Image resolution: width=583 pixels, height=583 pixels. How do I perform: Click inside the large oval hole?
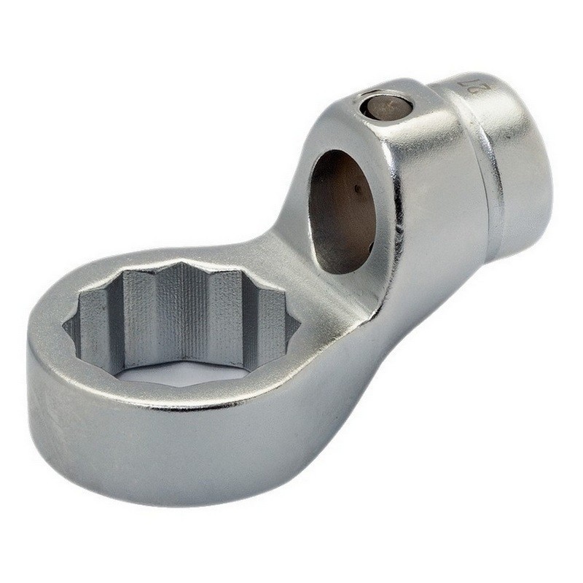tap(343, 211)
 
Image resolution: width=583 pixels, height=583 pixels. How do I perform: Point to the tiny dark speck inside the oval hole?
tap(359, 191)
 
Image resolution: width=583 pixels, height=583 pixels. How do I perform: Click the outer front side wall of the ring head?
tap(182, 452)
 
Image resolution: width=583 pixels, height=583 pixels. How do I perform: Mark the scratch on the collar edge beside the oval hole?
tap(400, 233)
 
